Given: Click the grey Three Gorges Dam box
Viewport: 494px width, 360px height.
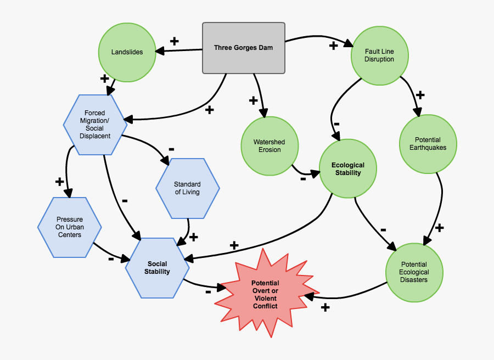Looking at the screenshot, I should (x=244, y=48).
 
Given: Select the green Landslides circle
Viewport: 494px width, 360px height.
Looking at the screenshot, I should (x=127, y=52).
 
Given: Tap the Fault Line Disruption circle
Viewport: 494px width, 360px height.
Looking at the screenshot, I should (x=379, y=55).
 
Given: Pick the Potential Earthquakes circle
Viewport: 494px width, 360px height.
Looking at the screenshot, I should (x=428, y=143).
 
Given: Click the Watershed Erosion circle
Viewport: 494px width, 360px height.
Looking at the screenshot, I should (x=269, y=146).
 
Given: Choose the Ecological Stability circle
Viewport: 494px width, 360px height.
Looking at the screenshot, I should (x=347, y=169).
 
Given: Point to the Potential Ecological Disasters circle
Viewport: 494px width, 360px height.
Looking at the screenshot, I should (x=414, y=272).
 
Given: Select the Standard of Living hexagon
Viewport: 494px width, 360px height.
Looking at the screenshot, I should (x=187, y=188).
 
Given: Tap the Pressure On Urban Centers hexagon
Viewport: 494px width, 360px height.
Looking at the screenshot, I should (x=69, y=227).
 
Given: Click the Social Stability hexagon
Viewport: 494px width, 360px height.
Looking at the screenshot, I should (x=157, y=268).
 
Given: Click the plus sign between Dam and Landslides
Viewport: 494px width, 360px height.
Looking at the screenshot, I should (x=175, y=41).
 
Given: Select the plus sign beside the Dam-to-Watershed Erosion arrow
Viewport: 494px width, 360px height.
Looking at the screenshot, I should (x=253, y=100).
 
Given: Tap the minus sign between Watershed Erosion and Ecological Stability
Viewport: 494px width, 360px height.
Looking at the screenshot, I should (x=303, y=178).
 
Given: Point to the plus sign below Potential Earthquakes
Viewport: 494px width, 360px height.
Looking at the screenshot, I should (x=439, y=227).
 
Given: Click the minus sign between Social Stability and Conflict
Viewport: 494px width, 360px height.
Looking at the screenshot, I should (x=209, y=292).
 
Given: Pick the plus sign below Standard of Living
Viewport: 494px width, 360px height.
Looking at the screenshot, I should (x=193, y=236).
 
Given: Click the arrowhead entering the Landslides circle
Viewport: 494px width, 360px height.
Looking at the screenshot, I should (x=160, y=51).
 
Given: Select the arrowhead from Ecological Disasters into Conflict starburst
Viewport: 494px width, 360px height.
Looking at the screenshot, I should (x=309, y=296).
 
